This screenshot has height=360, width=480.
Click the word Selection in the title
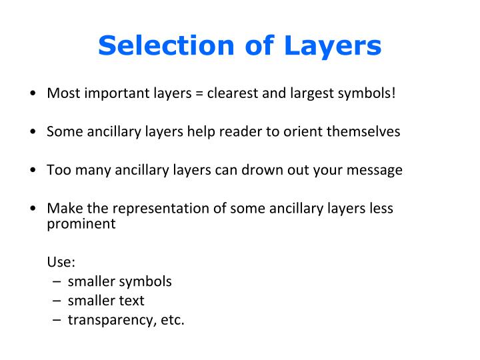(x=166, y=45)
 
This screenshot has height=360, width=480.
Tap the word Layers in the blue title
(x=333, y=47)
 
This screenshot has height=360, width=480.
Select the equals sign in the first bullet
(x=199, y=93)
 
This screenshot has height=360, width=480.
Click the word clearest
(x=233, y=93)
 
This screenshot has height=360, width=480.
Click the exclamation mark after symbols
(x=393, y=93)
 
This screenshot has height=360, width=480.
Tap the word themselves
(x=363, y=131)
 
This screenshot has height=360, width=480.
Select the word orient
(x=303, y=131)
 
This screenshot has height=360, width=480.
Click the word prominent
(x=81, y=224)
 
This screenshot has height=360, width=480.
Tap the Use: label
(x=61, y=262)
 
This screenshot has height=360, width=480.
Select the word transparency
(x=110, y=321)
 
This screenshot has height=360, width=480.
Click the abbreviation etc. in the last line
(x=173, y=320)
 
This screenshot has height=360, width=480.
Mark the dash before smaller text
(x=57, y=301)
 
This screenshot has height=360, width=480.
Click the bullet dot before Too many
(x=33, y=169)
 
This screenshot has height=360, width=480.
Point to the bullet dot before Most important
(x=33, y=93)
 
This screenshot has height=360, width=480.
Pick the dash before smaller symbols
(x=57, y=281)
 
